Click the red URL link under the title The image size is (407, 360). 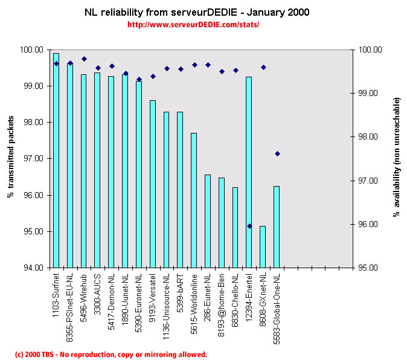(193, 25)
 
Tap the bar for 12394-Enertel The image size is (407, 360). (249, 172)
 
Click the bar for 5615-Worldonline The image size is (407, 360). (194, 200)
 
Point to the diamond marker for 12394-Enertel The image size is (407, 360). (249, 226)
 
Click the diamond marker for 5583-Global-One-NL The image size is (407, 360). (277, 153)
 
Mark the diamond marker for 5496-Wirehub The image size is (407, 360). (84, 59)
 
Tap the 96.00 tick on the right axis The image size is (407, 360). (368, 224)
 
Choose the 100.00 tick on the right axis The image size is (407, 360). (368, 50)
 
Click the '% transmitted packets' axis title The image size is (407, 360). (10, 158)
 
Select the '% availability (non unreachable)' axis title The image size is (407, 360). (397, 158)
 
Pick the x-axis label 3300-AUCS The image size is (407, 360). (98, 290)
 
